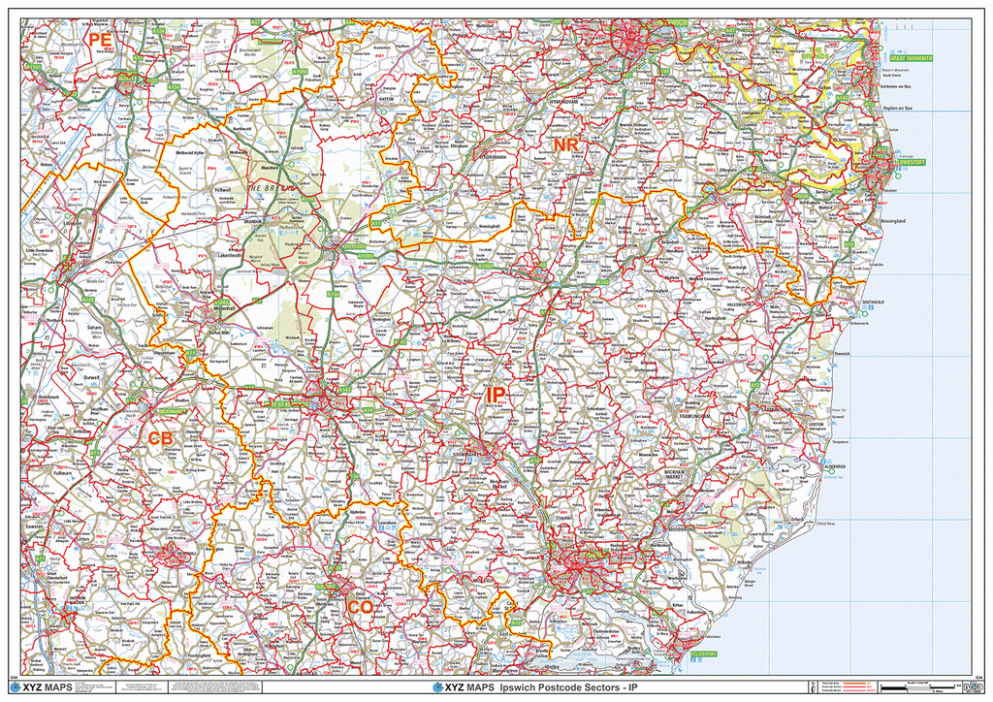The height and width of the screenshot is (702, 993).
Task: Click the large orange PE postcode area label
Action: pyautogui.click(x=99, y=40)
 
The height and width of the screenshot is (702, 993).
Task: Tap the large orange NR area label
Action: pyautogui.click(x=566, y=145)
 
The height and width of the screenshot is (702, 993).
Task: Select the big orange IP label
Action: pyautogui.click(x=495, y=396)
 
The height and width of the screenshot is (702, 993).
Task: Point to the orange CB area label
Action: pyautogui.click(x=160, y=439)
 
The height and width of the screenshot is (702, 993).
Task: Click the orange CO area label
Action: pyautogui.click(x=360, y=607)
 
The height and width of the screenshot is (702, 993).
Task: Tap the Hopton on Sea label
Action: pyautogui.click(x=896, y=107)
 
